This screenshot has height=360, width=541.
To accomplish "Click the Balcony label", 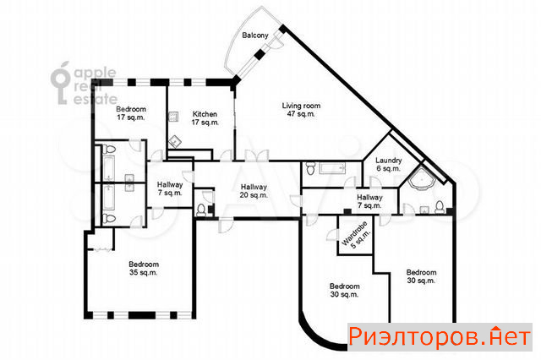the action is click(x=255, y=35).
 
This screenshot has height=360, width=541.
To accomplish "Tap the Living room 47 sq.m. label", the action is click(x=301, y=110).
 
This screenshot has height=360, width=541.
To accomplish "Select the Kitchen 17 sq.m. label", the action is click(x=205, y=118).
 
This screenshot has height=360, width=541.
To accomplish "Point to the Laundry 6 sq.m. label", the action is click(x=389, y=165).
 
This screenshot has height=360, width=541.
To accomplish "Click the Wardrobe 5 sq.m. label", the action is click(x=356, y=235).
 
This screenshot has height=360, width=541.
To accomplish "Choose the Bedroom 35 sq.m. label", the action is click(x=144, y=268).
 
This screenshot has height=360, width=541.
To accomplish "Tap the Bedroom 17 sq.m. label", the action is click(x=131, y=113).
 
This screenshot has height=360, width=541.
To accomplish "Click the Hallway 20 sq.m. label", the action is click(x=254, y=191).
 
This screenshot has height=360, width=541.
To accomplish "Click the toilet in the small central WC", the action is click(x=201, y=210).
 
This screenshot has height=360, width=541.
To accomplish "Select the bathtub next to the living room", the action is click(x=332, y=168).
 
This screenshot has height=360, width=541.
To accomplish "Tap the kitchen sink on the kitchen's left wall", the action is click(x=173, y=117).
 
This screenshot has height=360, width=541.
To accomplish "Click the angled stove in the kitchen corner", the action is click(x=176, y=141).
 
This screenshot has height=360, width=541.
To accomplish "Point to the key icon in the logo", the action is click(x=60, y=83).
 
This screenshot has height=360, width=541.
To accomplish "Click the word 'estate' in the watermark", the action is click(x=96, y=99).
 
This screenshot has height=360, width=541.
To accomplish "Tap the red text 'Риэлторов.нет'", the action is click(x=440, y=336).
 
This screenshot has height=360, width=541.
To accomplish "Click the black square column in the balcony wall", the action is click(x=260, y=54).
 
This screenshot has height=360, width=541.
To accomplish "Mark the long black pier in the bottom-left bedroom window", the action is click(x=142, y=315).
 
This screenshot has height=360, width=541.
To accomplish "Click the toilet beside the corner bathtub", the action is click(x=440, y=207).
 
